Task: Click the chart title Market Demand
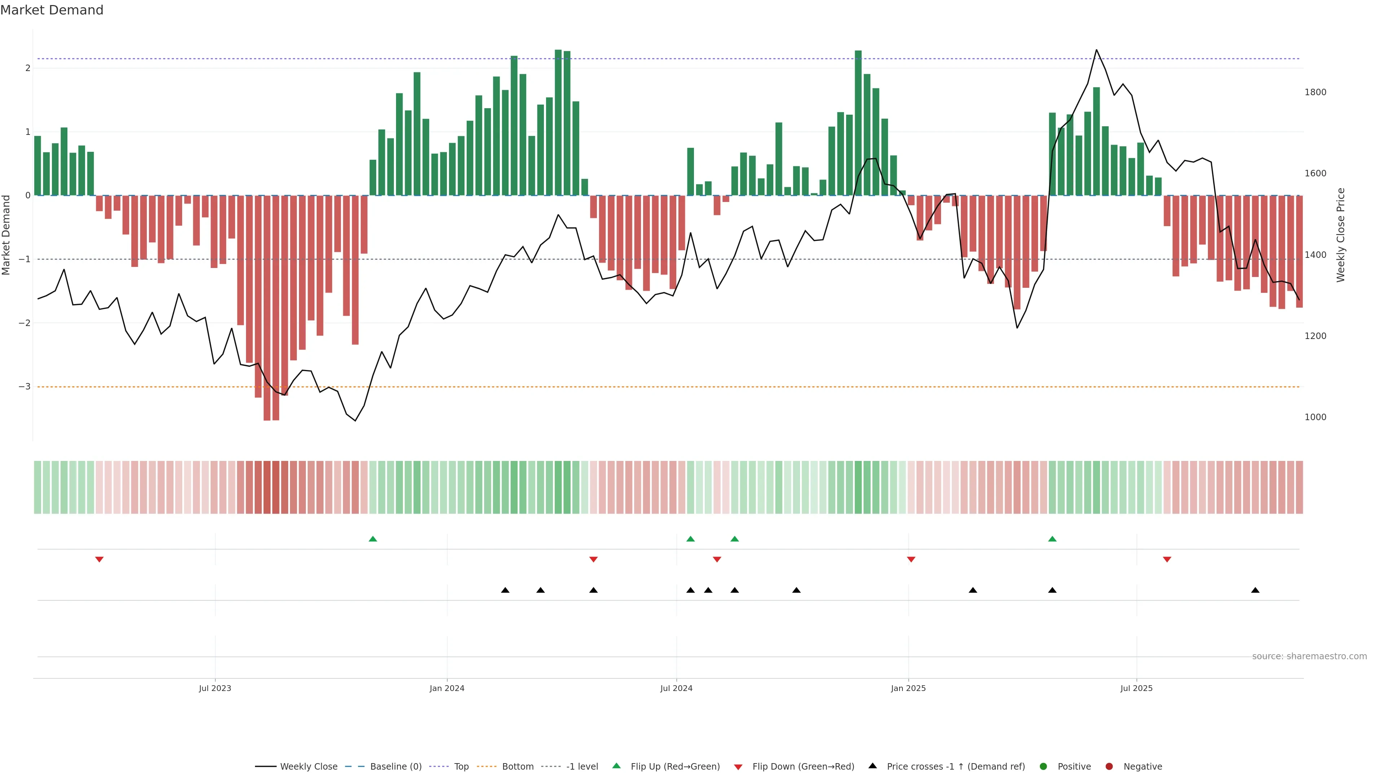pos(52,10)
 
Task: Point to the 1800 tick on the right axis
pos(1315,92)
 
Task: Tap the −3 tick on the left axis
pos(24,387)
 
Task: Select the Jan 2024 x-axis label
pos(447,688)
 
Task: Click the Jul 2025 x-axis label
pos(1136,688)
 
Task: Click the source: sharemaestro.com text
pos(1309,656)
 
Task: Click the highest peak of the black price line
pos(1096,50)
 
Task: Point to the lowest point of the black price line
pos(355,421)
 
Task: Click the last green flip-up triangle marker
pos(1052,539)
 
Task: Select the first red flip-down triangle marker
pos(99,560)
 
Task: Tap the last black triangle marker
pos(1255,590)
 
